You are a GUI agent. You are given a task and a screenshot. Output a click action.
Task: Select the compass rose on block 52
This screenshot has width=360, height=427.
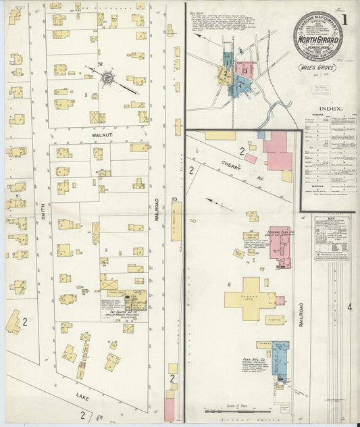[x=107, y=78]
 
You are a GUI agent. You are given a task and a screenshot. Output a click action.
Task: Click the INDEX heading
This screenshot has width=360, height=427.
[x=329, y=108]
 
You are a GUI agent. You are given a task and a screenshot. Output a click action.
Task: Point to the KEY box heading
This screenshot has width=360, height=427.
[x=331, y=218]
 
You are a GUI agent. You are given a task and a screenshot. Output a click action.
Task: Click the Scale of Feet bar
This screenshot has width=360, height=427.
[x=240, y=409]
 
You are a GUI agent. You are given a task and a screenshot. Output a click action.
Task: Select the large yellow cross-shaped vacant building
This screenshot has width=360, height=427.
[x=250, y=298]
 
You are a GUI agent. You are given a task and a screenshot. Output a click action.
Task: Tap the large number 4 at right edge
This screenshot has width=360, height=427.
[x=349, y=307]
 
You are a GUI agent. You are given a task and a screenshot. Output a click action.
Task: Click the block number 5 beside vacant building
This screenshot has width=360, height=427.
[x=230, y=284]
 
